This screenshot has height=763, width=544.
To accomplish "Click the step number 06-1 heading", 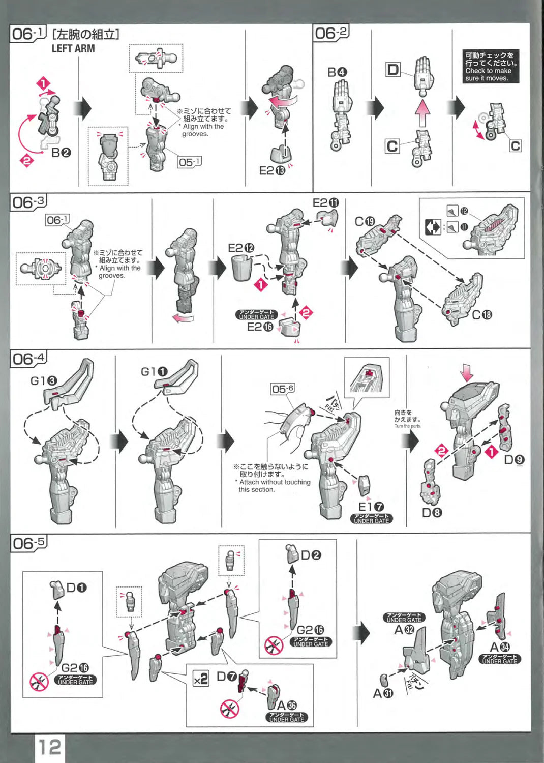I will point(28,34).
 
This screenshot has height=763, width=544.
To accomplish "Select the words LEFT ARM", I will point(73,49).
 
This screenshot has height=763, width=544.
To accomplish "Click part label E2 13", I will point(273,171).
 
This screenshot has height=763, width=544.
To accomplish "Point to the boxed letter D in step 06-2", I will point(393,70).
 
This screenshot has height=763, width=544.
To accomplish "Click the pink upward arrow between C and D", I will point(422,113).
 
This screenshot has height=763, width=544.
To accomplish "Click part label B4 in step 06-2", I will point(337,72).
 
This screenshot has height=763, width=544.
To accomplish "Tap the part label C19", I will point(365,221).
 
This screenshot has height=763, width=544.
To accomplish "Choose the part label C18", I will point(482,315).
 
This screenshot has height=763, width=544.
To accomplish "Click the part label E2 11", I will point(326,202).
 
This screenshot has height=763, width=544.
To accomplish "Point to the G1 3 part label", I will point(44,380).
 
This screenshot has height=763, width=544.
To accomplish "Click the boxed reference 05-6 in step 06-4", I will point(283,389).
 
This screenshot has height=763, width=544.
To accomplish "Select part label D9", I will point(513,460).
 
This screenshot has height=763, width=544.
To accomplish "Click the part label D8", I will point(432,513).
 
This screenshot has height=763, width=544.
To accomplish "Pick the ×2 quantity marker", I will point(201,679).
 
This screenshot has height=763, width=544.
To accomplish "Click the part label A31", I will point(383,693).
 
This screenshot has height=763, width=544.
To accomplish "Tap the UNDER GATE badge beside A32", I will point(404,618).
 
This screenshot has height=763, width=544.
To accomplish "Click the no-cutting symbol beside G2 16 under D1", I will point(39,682).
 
